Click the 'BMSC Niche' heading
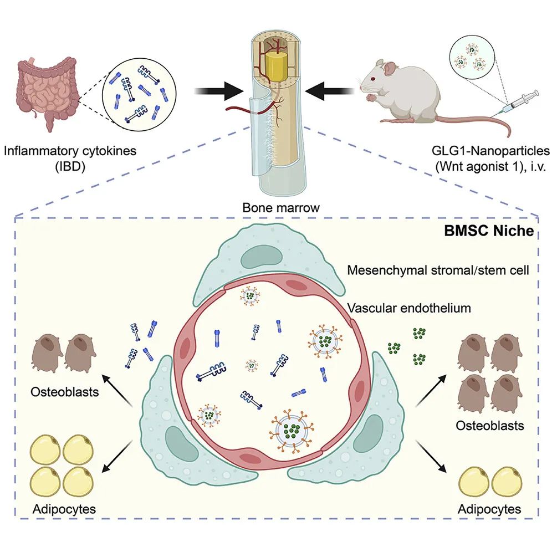pos(489,231)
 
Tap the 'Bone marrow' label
pos(281,208)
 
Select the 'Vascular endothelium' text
pos(409,308)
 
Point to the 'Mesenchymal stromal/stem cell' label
pos(438,270)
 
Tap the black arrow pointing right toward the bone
pos(219,91)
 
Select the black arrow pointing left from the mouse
pos(330,91)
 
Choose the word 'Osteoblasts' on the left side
pos(65,392)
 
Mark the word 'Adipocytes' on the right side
pos(489,509)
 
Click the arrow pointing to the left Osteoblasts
pos(116,390)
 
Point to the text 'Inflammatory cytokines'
pos(70,151)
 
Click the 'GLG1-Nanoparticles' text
pos(490,151)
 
